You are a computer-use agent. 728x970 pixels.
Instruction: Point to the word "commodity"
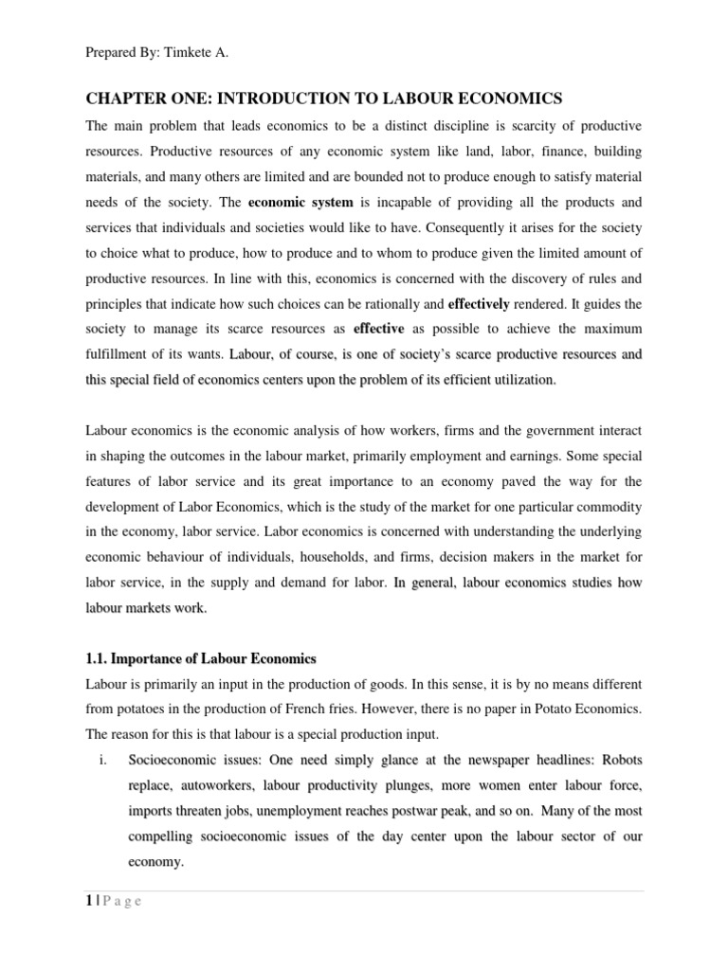click(x=607, y=506)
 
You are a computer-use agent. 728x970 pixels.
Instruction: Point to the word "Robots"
click(x=619, y=761)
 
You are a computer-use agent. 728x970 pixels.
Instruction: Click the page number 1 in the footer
click(x=89, y=901)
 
